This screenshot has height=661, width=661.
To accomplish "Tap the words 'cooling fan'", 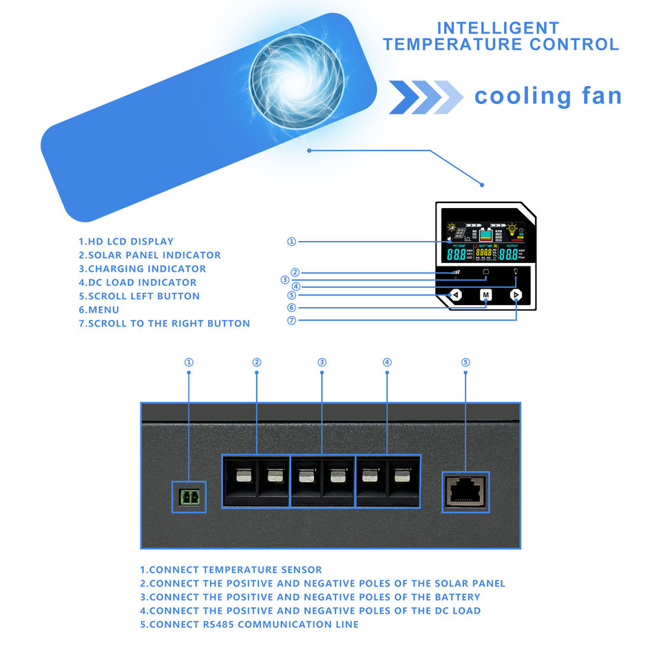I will [547, 96].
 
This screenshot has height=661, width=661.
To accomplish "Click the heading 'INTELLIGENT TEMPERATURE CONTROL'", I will [501, 36].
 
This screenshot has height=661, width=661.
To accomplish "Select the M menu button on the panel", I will [486, 295].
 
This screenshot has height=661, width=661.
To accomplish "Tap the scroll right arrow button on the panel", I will [516, 295].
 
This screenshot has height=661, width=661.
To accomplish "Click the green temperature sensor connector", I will [189, 496].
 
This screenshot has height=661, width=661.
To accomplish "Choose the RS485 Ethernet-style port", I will [465, 492].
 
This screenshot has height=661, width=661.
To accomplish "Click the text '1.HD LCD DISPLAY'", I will [125, 242].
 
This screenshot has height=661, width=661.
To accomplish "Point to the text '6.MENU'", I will [98, 310].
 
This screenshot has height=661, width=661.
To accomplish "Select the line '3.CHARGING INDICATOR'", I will [142, 269].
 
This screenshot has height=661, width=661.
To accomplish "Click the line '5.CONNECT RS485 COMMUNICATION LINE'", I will [249, 625].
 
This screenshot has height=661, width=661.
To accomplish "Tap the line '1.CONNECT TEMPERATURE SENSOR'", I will [231, 570].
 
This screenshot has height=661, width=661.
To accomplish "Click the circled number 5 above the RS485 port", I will [465, 362].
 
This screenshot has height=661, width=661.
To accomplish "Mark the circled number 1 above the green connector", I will [189, 362].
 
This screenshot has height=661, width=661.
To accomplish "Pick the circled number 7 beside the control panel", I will [291, 321].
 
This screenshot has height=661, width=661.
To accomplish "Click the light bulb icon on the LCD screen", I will [512, 228].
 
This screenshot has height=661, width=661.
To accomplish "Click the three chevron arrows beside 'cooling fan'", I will [426, 96].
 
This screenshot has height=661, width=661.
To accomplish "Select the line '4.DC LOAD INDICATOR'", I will [137, 283].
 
